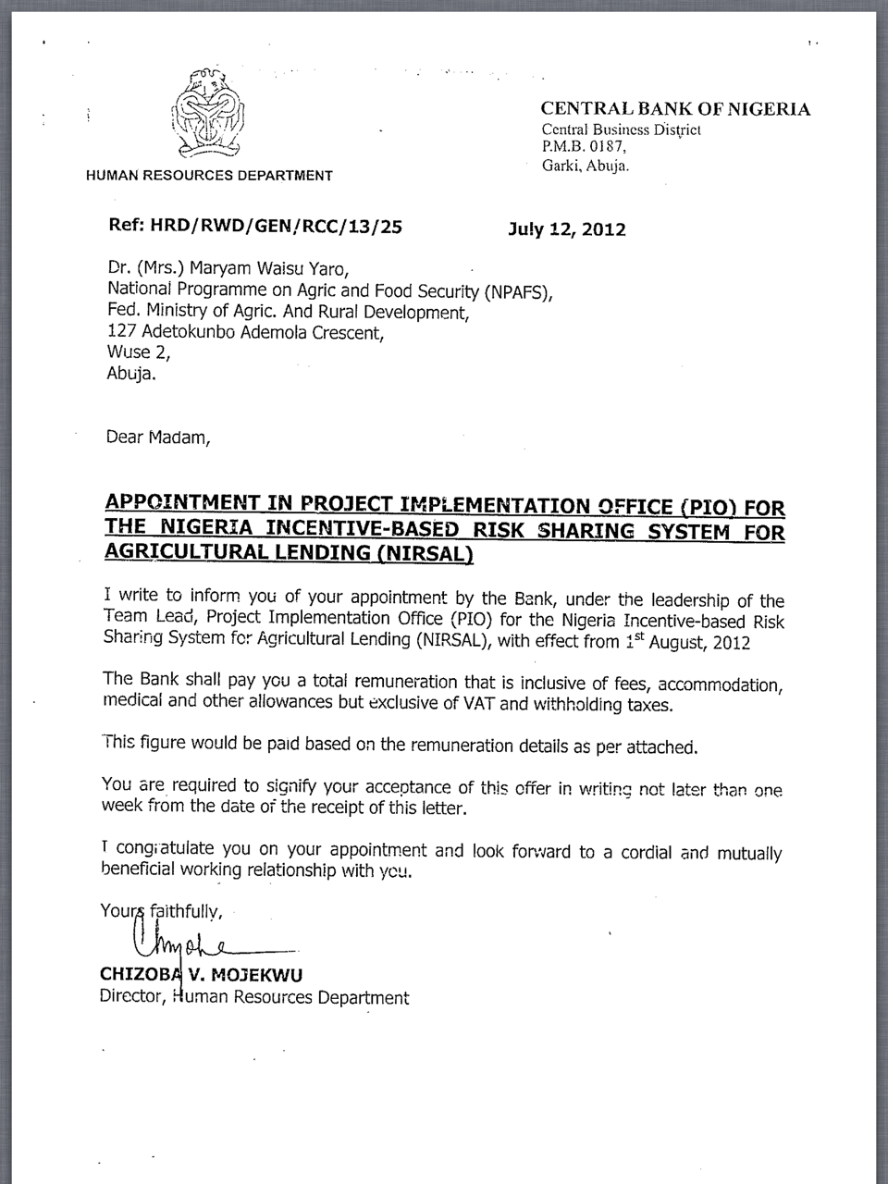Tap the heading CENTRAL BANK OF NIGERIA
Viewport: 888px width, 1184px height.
click(675, 109)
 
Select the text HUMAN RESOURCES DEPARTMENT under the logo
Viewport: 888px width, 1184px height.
click(209, 175)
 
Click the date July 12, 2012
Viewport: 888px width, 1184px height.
click(567, 229)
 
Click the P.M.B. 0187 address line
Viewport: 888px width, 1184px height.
click(584, 146)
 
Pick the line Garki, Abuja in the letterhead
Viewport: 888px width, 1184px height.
click(585, 166)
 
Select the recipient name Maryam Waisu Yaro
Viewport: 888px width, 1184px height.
click(268, 269)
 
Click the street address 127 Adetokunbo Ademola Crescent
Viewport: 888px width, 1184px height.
click(244, 333)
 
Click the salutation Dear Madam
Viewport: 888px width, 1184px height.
click(158, 437)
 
